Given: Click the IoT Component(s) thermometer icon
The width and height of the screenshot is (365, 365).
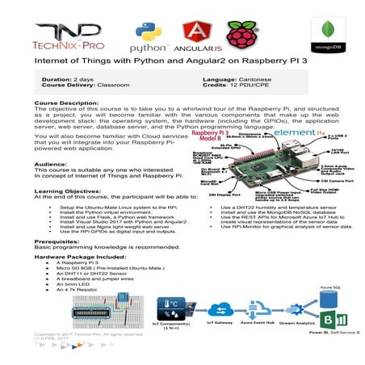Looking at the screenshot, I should point(171,308).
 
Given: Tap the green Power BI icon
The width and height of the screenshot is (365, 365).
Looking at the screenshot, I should point(340,317).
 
